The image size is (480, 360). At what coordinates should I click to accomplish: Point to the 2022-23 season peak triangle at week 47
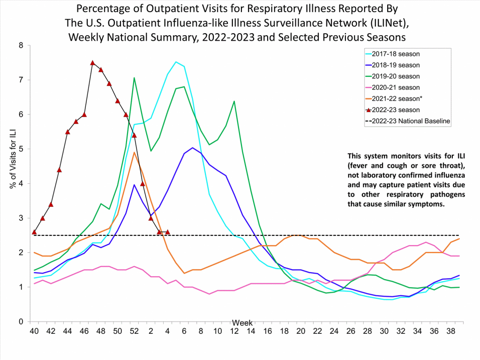[92, 63]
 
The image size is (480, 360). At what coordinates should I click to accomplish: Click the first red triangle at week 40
[34, 232]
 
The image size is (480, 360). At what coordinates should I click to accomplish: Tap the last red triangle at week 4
[167, 232]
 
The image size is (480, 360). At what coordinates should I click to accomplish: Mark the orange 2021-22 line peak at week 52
[134, 152]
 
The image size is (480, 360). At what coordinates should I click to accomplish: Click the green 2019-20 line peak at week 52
[134, 78]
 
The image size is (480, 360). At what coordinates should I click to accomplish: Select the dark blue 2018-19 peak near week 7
[192, 148]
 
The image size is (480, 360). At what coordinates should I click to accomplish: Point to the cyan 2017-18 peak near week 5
[176, 62]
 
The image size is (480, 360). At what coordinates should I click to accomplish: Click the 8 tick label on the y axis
[21, 45]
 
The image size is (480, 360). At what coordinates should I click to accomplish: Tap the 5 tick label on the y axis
[21, 149]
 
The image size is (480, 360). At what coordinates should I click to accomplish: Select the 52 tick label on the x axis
[134, 331]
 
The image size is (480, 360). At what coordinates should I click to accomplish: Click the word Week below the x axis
[242, 323]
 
